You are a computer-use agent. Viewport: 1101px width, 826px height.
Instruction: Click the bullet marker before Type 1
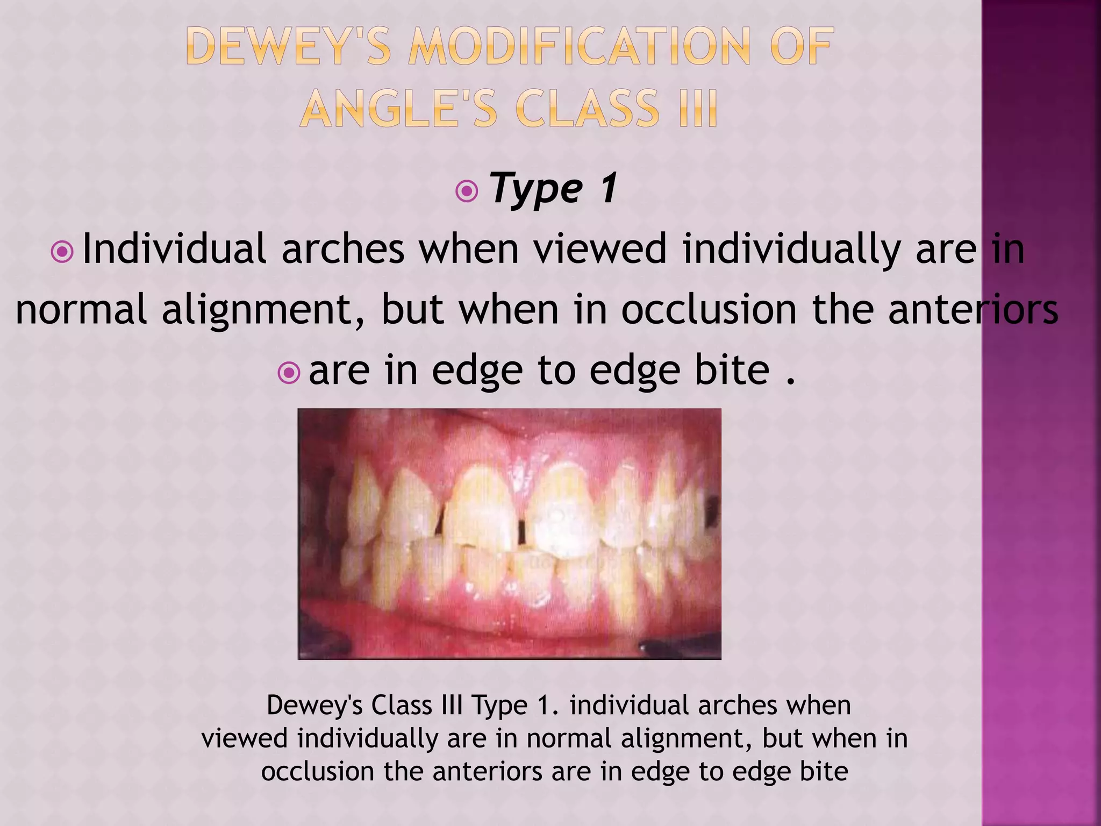pos(466,191)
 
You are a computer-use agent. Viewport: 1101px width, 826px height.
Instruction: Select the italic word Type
pos(535,189)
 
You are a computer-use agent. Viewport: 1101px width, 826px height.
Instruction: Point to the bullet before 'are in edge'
pos(289,373)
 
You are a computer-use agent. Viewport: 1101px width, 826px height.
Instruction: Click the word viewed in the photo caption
pos(245,738)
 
